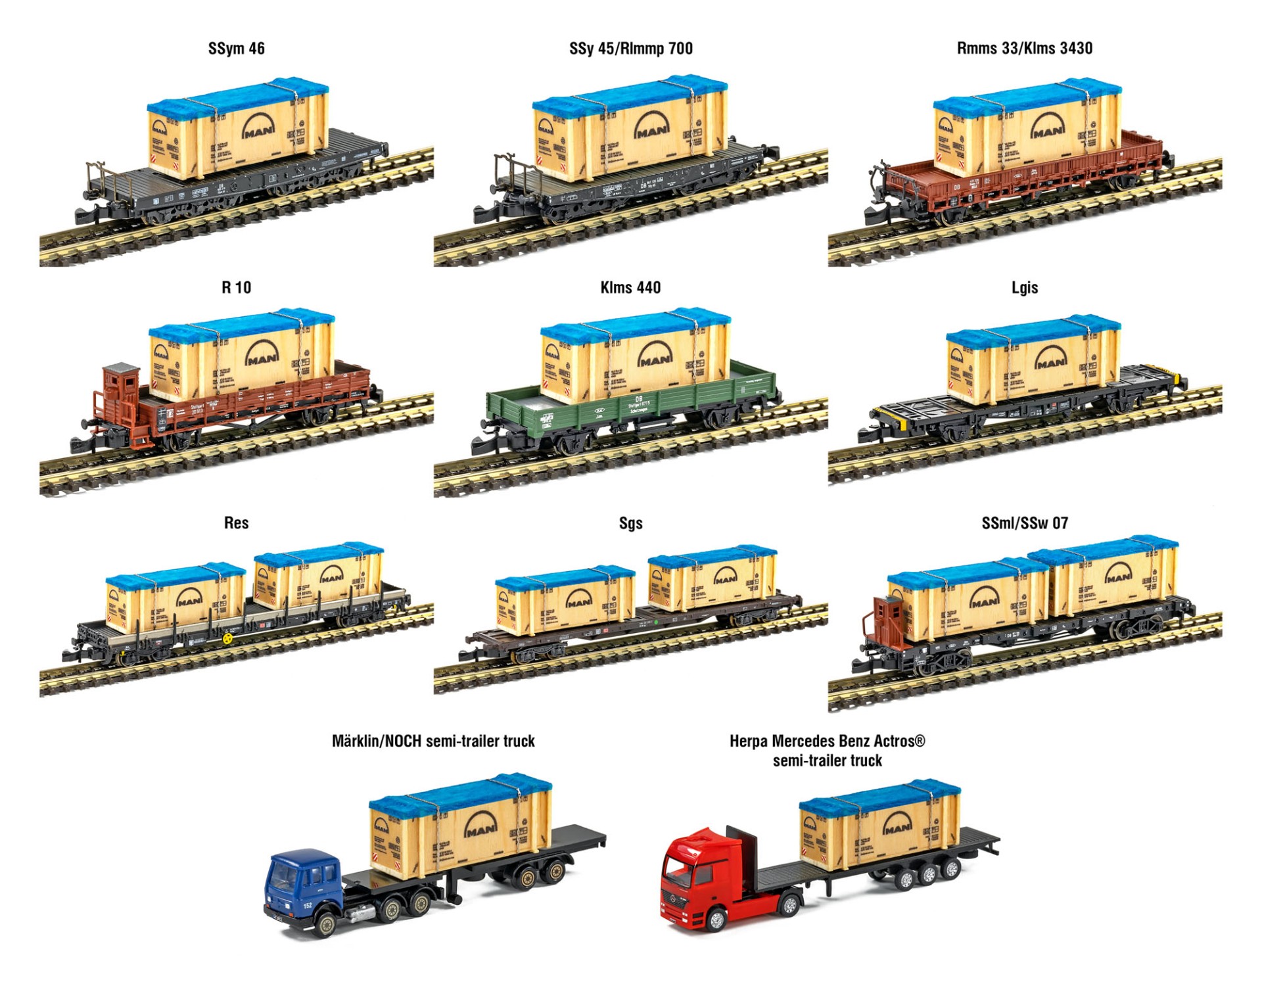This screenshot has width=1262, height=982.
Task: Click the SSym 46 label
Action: click(236, 49)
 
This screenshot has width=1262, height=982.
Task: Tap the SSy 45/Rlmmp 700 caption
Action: click(630, 49)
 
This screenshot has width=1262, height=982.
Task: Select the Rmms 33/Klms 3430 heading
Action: click(1024, 49)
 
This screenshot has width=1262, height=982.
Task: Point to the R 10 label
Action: click(236, 287)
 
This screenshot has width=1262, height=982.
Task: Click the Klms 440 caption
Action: click(630, 287)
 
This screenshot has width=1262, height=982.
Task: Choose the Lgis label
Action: click(1024, 287)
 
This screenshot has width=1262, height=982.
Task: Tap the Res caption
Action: click(236, 523)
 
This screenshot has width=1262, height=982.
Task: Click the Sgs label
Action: click(630, 523)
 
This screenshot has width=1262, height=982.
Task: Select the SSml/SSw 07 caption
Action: click(1024, 523)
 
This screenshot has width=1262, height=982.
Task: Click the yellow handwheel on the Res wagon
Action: click(227, 638)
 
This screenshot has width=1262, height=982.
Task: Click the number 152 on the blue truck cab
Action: click(308, 906)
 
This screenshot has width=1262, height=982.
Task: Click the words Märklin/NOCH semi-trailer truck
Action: click(433, 741)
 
